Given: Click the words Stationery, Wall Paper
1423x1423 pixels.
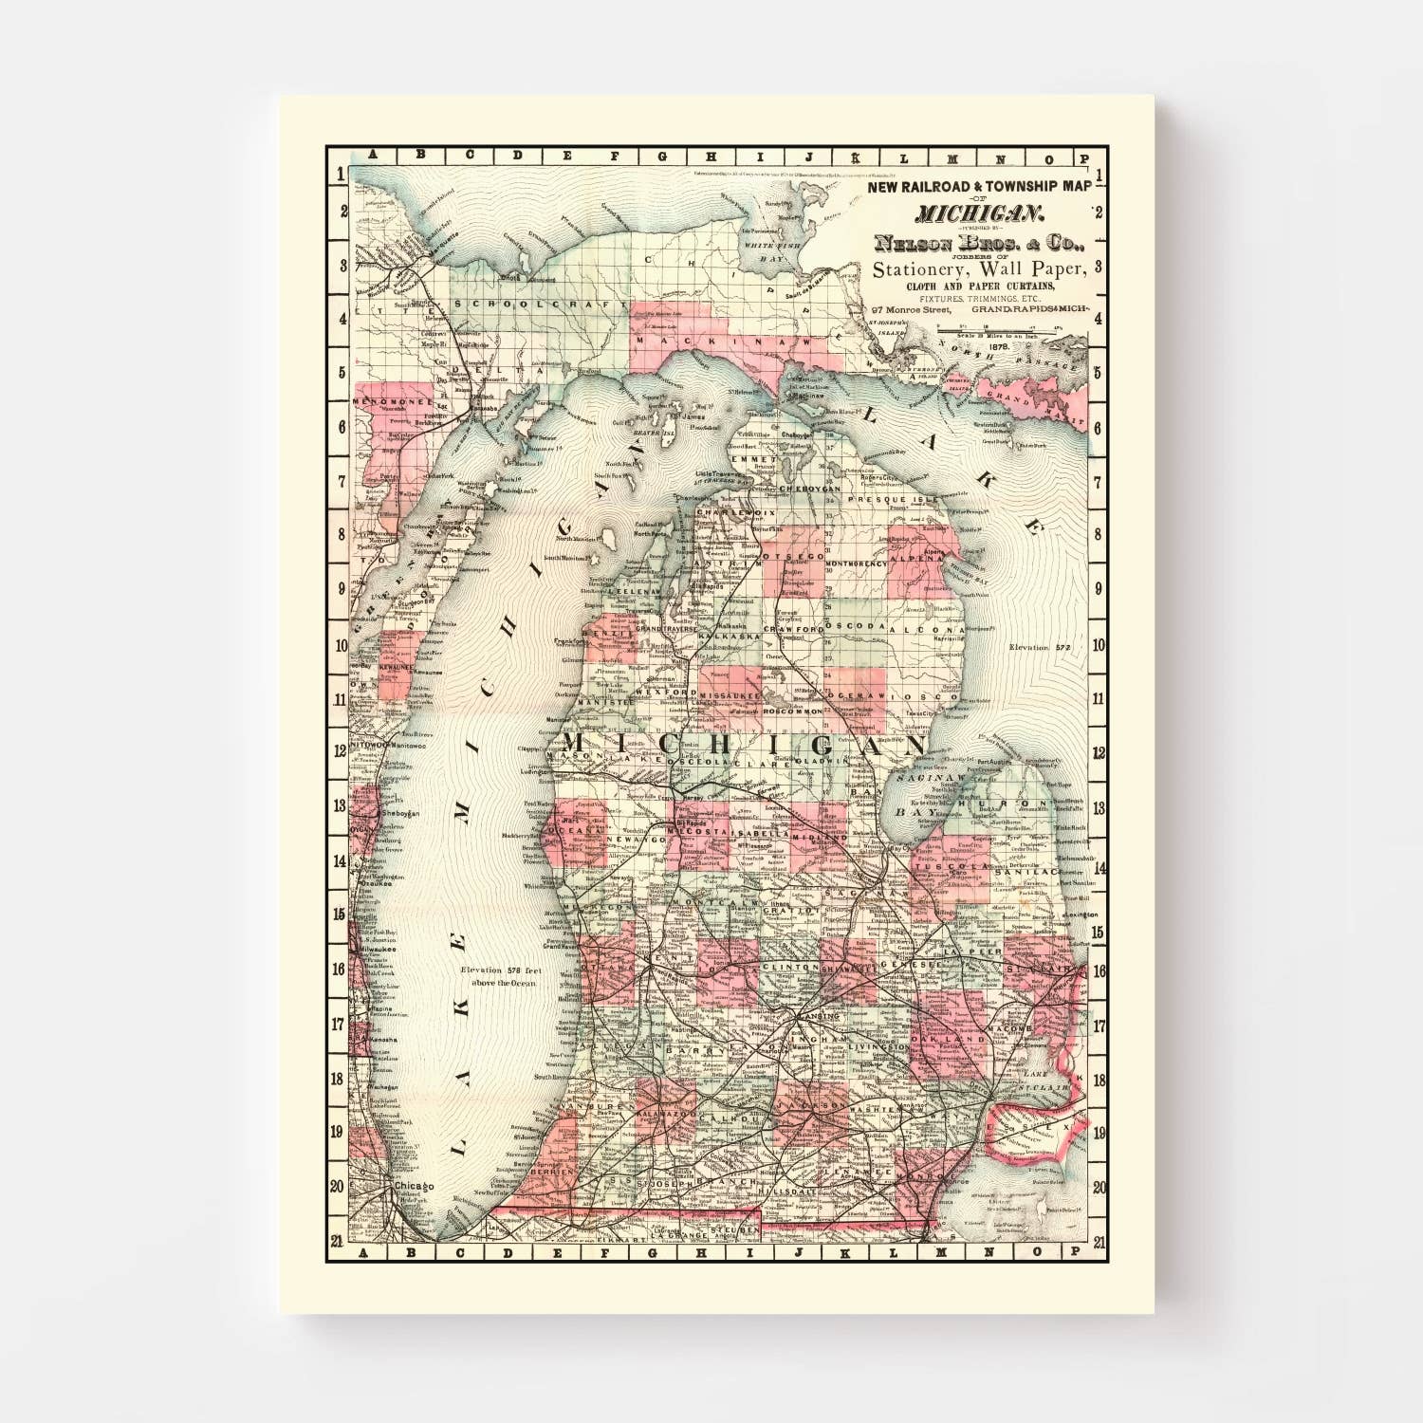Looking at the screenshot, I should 977,269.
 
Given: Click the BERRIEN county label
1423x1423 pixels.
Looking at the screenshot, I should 554,1173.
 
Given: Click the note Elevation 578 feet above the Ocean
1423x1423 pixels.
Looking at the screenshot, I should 498,976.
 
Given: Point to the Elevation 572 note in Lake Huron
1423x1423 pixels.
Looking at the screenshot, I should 1040,647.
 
